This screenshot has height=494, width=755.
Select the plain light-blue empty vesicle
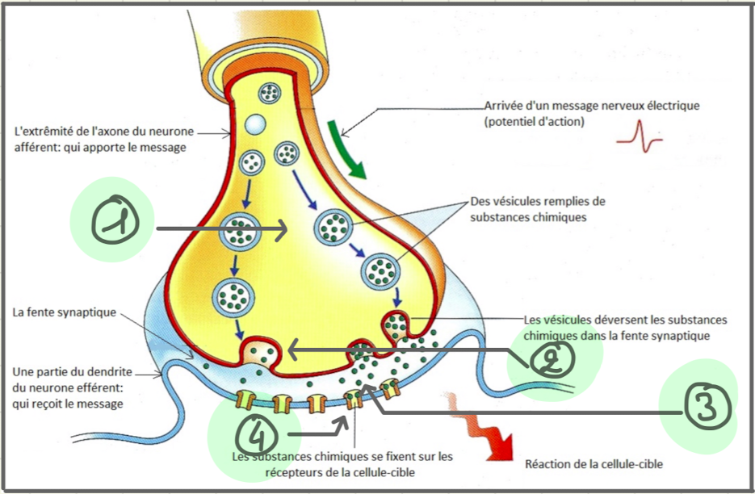(255, 125)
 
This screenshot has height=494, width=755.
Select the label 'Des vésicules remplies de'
(537, 201)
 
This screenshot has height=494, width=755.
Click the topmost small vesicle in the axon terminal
(269, 94)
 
